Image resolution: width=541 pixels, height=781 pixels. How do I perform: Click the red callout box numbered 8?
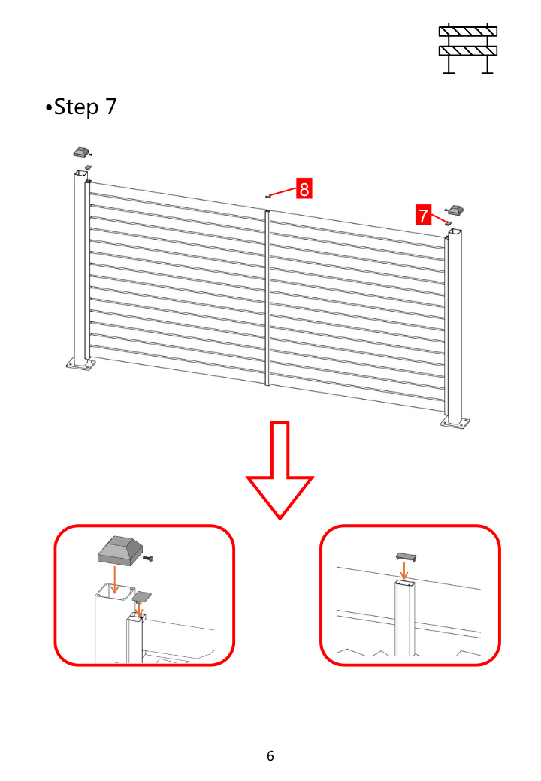click(x=304, y=188)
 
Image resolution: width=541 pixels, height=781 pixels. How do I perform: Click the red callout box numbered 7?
click(x=423, y=216)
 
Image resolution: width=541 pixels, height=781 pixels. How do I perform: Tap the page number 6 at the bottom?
click(x=270, y=756)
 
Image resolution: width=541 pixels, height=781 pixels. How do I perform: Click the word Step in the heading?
click(x=76, y=107)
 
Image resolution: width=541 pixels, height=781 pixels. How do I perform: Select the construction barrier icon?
click(x=468, y=48)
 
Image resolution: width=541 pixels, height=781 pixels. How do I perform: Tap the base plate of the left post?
click(x=80, y=364)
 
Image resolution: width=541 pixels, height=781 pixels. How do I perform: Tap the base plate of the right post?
click(x=455, y=423)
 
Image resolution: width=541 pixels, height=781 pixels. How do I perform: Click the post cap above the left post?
click(x=80, y=152)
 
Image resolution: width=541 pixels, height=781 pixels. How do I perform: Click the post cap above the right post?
click(x=456, y=210)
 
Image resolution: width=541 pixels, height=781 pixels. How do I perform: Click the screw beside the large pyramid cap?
click(x=148, y=559)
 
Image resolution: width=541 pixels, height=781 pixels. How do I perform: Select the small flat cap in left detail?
click(x=141, y=596)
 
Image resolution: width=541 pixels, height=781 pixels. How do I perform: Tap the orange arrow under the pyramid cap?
click(x=114, y=579)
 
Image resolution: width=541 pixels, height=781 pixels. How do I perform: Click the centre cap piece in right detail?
click(x=406, y=556)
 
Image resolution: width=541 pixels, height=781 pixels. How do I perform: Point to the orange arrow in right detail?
click(x=404, y=570)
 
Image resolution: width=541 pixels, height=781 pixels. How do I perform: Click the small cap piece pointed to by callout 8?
click(x=267, y=197)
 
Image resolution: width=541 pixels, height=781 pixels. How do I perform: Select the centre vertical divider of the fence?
click(x=267, y=298)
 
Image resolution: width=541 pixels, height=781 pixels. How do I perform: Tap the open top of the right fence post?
click(x=455, y=232)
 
